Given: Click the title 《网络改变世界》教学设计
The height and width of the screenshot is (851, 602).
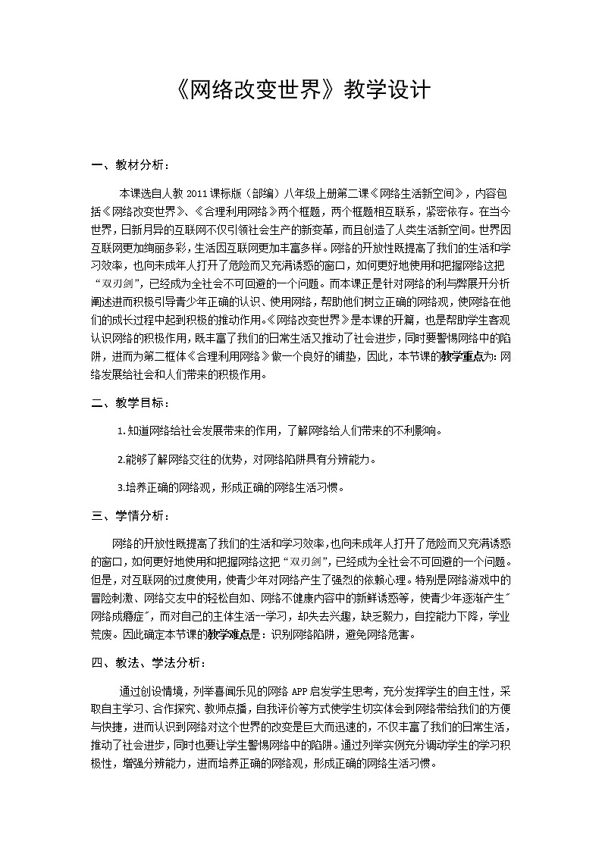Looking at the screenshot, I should [x=301, y=92].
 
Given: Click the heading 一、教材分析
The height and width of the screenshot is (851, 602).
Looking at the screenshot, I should [x=130, y=164].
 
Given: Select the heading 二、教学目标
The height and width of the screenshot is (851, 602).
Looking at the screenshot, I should [x=130, y=403].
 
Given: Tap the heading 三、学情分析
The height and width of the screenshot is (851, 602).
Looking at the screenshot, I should [x=130, y=516].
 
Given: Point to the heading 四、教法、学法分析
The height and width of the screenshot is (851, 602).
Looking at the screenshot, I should [x=147, y=662].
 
